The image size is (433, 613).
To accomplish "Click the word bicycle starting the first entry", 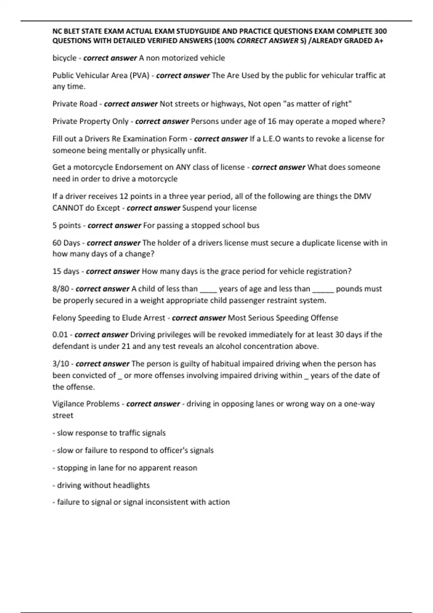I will pos(64,58).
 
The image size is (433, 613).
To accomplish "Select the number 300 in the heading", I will pos(380,31).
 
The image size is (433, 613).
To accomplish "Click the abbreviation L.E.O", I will pos(269,139).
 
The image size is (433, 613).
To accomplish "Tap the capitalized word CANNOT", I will pos(68,208).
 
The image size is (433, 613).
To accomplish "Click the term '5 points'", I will pos(67,225).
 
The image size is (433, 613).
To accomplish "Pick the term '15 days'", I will pos(66,271).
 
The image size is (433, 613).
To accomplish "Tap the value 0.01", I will pos(60,335).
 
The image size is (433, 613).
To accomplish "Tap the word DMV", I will pos(362,197).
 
